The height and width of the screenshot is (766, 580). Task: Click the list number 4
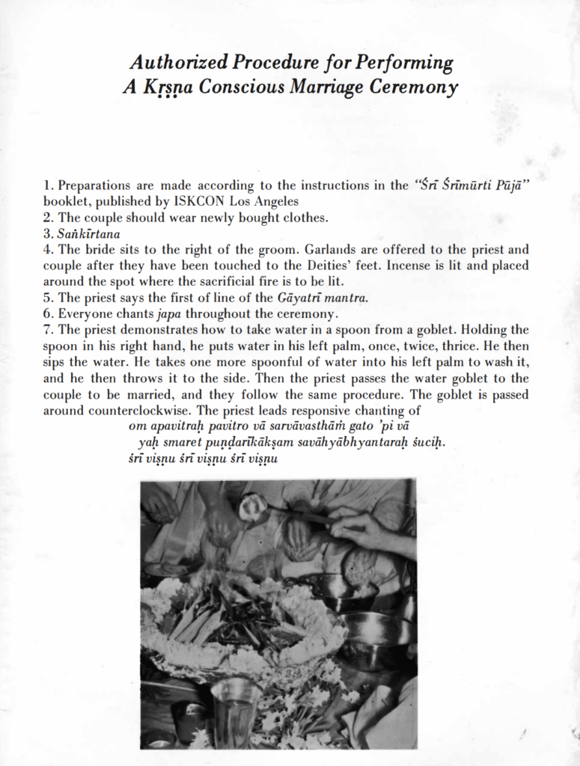(47, 250)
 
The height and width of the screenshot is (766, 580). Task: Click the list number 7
(47, 330)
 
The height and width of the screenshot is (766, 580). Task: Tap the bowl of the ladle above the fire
(252, 506)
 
